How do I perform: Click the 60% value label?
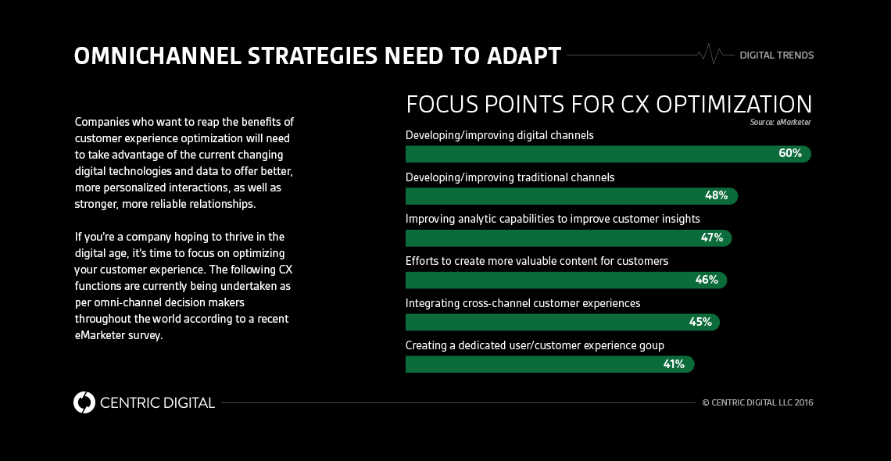point(789,153)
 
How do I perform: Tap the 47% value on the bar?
point(711,238)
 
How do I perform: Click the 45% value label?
point(700,322)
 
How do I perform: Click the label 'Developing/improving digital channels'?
point(499,135)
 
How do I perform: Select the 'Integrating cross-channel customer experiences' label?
point(522,303)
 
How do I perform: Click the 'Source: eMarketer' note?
point(780,122)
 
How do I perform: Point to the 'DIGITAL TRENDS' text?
point(776,55)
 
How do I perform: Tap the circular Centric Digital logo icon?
point(84,402)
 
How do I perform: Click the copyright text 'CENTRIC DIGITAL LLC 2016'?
point(762,402)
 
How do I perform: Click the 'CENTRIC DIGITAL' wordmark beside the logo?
point(157,403)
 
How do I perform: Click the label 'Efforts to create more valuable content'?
point(536,261)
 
